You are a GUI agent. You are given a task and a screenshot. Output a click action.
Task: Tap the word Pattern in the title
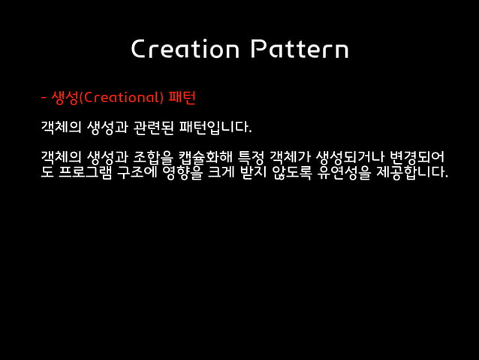click(x=300, y=49)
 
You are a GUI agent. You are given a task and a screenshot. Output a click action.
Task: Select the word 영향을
click(x=176, y=173)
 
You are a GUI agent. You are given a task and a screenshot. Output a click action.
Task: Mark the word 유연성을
click(x=348, y=173)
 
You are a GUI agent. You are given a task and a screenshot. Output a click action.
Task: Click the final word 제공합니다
click(x=412, y=173)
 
